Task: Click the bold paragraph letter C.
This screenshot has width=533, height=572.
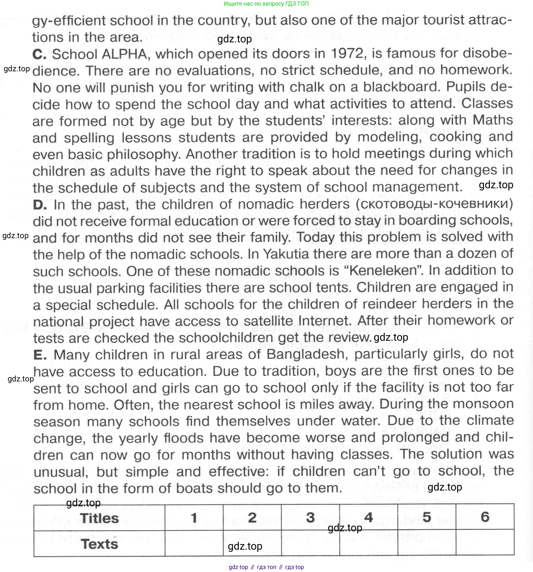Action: pos(39,54)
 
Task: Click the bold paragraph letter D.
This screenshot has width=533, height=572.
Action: pos(40,205)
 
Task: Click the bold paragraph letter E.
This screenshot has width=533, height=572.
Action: pos(40,355)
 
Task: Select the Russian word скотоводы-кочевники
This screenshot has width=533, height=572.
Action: pos(434,204)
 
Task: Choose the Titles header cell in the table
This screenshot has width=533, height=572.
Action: pos(99,518)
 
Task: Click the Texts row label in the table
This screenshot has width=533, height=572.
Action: pos(99,544)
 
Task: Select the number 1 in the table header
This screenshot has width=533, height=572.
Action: pos(194,518)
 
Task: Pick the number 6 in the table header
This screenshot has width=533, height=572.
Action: pos(485,517)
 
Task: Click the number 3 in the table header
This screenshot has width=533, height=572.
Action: pos(310,518)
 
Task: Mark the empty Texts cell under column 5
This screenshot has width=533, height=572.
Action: pos(427,543)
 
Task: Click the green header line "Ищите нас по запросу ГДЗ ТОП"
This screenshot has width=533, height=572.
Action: pos(266,4)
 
